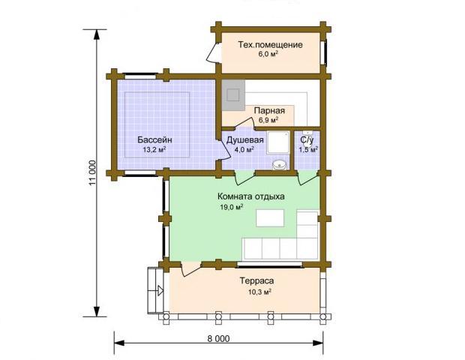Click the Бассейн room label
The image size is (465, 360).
point(154,139)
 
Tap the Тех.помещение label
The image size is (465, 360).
point(270,45)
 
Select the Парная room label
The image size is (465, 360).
point(269,110)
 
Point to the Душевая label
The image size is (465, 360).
point(244,140)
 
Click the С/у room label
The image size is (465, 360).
point(307,139)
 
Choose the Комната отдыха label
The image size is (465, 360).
point(251,196)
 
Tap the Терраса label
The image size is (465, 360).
point(256,280)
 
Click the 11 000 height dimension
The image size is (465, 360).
point(92,173)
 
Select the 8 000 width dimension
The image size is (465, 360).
point(218,339)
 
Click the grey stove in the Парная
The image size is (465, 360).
point(233,95)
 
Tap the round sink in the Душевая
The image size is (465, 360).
point(279,164)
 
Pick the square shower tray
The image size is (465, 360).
point(278,142)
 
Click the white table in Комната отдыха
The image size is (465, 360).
point(270,218)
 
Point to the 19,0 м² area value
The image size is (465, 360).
point(231,207)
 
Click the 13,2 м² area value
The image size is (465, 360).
point(154,150)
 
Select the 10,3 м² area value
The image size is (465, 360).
point(259,292)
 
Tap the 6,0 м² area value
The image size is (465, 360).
point(268,54)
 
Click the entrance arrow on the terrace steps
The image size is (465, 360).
point(160,290)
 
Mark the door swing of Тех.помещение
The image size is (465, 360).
point(213,52)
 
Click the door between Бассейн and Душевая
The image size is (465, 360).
point(225,151)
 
